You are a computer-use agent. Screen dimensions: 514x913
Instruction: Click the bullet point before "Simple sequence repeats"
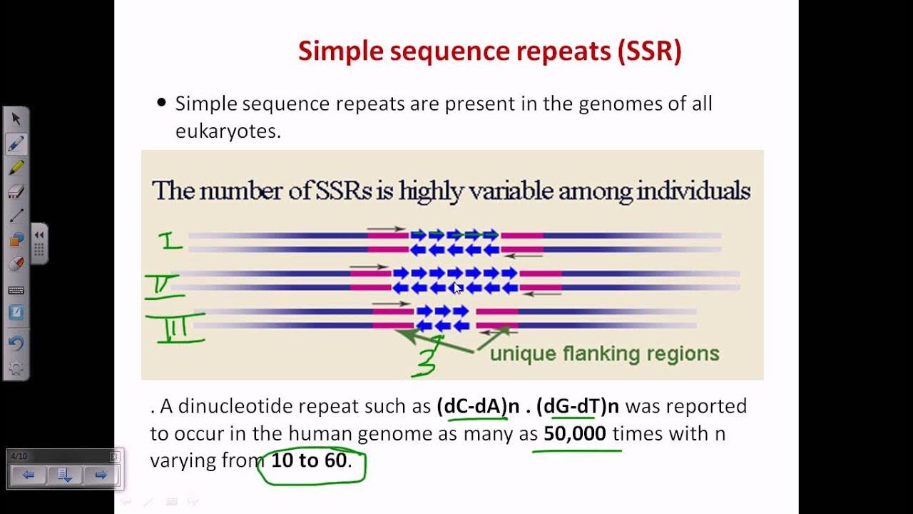coord(160,104)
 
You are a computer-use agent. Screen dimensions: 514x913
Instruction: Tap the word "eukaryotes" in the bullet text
coord(228,131)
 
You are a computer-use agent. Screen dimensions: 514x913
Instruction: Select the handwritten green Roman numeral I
coord(171,241)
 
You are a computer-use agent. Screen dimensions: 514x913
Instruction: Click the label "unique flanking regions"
coord(604,353)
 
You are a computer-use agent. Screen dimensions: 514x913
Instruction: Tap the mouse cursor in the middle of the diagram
coord(457,288)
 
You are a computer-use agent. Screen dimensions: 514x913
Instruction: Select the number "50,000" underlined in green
coord(575,433)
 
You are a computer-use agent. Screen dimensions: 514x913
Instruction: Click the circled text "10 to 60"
coord(309,460)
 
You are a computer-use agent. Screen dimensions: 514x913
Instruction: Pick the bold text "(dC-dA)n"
coord(471,406)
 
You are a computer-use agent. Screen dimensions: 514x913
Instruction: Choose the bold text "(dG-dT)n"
coord(578,406)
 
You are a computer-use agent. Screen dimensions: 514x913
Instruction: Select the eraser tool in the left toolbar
coord(16,191)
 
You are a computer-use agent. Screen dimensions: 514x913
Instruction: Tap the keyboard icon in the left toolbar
coord(16,290)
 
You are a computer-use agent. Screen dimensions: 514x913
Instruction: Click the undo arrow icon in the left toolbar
coord(16,343)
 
